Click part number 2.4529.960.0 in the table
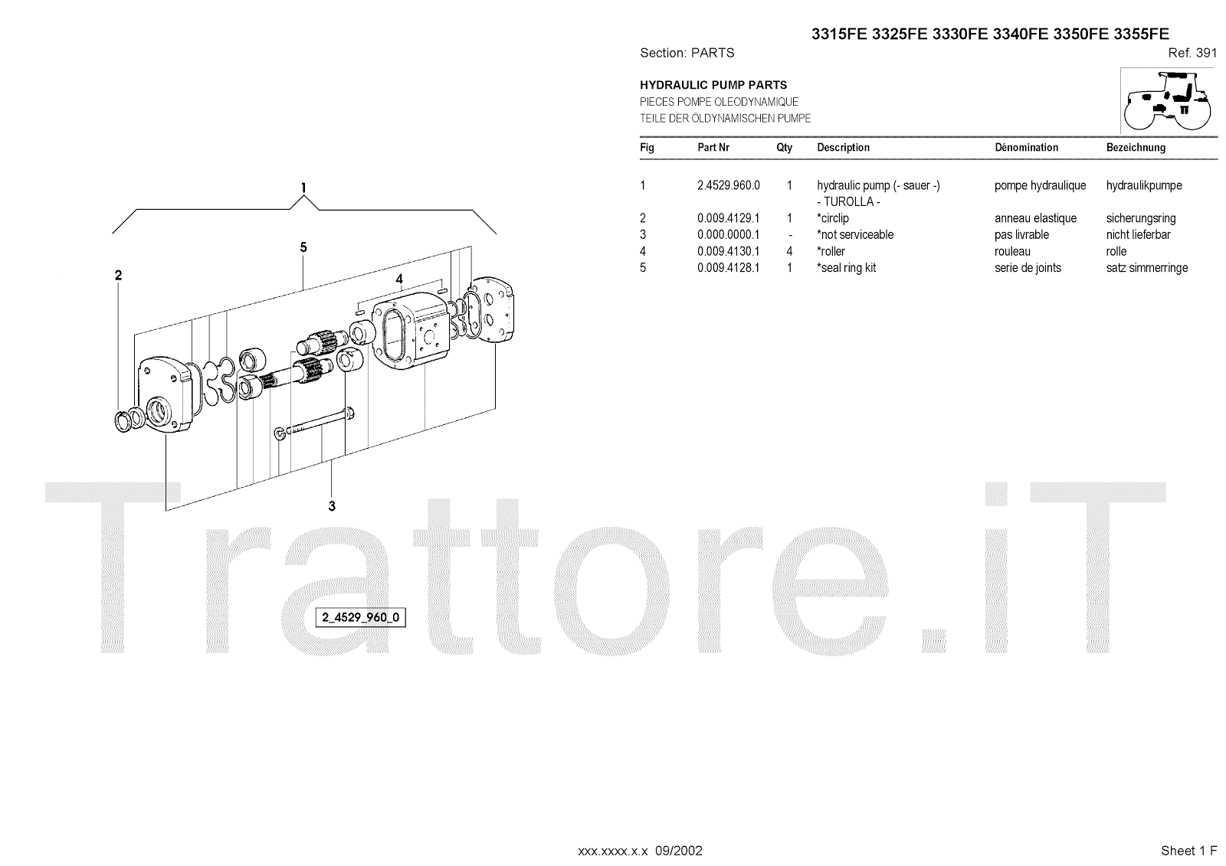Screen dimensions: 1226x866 point(728,185)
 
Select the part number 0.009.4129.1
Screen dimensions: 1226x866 point(728,218)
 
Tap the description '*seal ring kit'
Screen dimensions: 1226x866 point(846,268)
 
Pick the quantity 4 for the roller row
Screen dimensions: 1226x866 point(789,251)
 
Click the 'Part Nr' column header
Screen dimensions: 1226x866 point(713,148)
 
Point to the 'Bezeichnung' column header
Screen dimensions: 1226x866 point(1136,148)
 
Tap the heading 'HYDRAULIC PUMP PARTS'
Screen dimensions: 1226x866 point(713,85)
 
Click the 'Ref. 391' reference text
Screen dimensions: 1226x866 point(1192,53)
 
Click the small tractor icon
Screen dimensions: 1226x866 point(1167,100)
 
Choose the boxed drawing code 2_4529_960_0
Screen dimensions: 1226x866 point(360,618)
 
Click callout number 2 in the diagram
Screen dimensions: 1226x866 point(118,276)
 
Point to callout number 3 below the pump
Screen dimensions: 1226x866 point(332,506)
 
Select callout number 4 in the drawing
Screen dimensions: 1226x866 point(399,279)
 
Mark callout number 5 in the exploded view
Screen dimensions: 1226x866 point(303,247)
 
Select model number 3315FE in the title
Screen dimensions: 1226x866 point(838,34)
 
